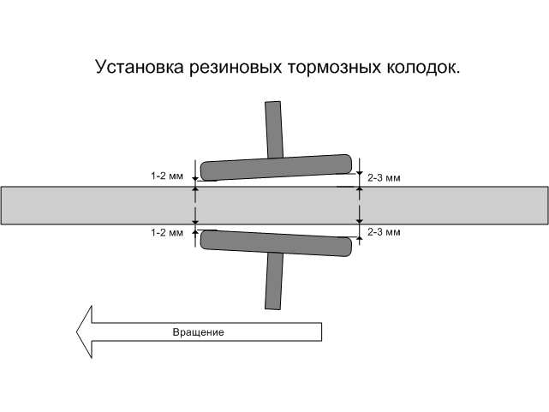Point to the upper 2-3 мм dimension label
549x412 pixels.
384,178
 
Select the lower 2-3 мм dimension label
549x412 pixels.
384,232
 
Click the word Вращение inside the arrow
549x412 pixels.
198,331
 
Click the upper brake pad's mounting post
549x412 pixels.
274,128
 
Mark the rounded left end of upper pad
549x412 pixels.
206,171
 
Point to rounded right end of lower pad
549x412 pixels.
346,247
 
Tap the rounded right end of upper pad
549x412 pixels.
346,163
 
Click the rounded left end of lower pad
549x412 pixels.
206,238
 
